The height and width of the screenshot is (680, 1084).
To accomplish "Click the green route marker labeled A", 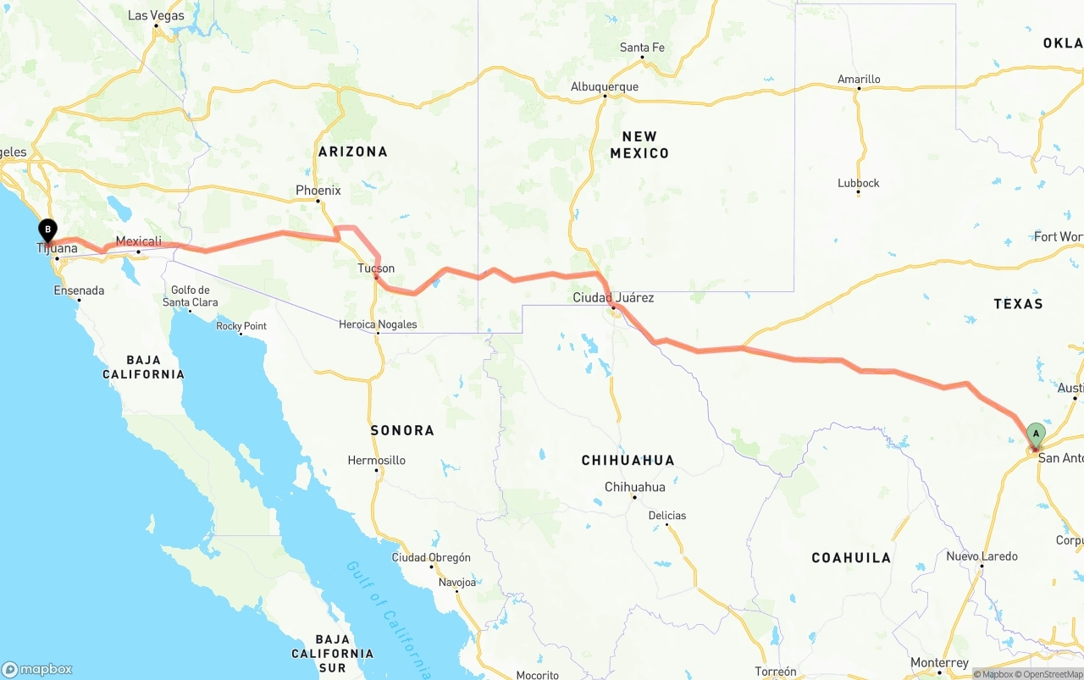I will point(1035,434).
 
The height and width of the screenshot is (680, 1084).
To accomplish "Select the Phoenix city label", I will point(318,191).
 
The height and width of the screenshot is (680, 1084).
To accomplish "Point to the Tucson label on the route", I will point(376,268).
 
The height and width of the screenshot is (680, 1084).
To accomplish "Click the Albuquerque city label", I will point(605,86).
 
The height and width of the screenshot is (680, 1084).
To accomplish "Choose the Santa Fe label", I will point(642,47).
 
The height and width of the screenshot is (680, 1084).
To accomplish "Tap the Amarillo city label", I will point(859,80).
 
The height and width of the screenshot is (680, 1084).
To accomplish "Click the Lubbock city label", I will point(859,183).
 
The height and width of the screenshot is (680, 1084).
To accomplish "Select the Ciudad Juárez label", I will point(613,298).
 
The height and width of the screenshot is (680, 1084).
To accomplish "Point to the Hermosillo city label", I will point(377,461).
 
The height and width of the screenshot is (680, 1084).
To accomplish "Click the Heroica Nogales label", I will point(378,324).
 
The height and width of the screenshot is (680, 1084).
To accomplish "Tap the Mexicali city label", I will point(139,241).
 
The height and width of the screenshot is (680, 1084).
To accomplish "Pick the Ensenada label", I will point(79,290).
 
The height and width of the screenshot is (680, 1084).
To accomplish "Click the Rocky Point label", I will point(241,326).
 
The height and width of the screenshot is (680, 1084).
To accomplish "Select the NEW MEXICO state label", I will point(639,145).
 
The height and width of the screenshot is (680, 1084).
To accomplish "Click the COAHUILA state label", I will point(851,557).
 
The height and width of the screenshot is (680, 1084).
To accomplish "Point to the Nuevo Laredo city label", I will point(982,556).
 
